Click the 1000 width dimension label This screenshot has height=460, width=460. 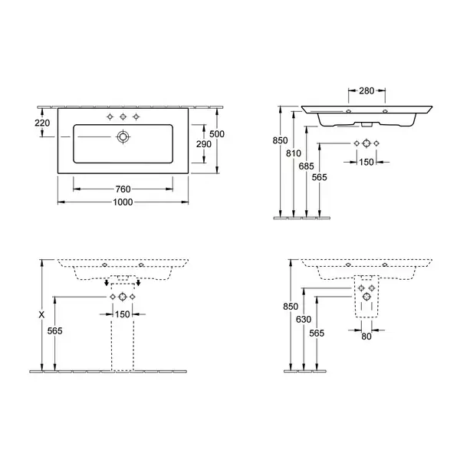[123, 202]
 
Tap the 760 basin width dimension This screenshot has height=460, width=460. [123, 189]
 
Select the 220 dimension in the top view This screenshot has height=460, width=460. [42, 123]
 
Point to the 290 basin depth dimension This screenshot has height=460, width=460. [204, 144]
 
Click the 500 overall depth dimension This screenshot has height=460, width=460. [217, 134]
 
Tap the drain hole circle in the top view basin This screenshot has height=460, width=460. [123, 136]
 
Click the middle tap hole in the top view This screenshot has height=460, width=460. [123, 117]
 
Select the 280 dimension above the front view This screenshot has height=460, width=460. [366, 91]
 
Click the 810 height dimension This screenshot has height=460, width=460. [294, 153]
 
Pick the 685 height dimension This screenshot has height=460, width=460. [306, 166]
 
